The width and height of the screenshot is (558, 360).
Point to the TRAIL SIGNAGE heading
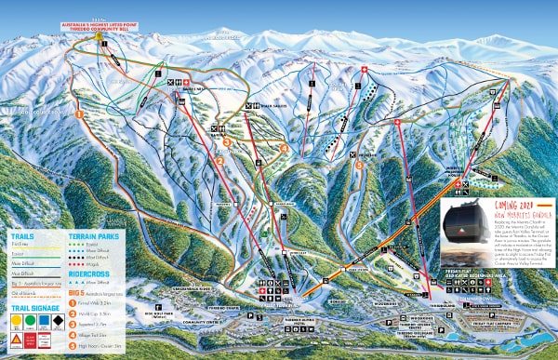click(x=33, y=307)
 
